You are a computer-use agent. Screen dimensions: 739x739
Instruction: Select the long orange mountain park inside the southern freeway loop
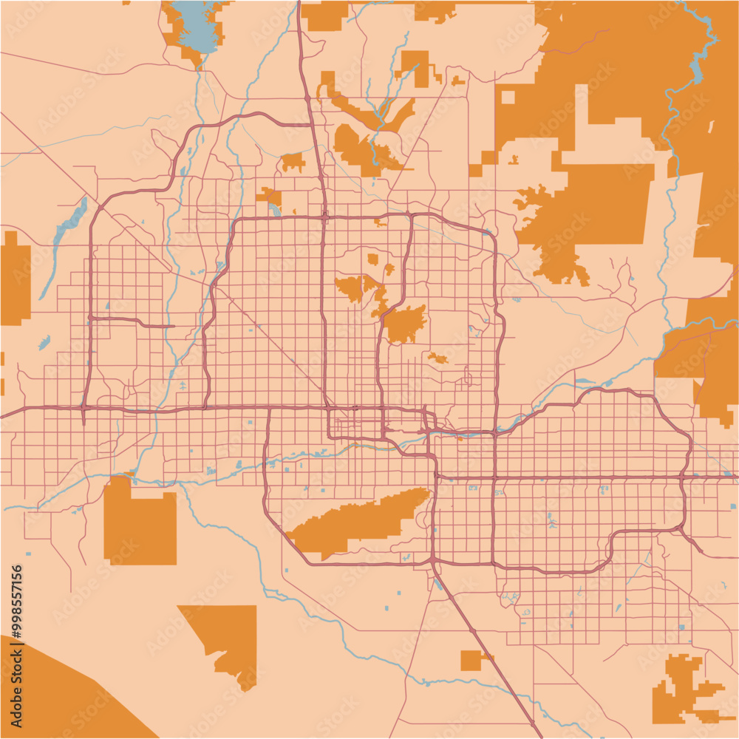(355, 521)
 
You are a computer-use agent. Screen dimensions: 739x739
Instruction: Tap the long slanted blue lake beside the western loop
(69, 222)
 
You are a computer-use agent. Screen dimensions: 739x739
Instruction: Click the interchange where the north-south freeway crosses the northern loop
(325, 217)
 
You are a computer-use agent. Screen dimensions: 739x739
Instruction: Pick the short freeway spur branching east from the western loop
(133, 321)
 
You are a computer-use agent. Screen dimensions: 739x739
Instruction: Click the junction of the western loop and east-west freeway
(84, 407)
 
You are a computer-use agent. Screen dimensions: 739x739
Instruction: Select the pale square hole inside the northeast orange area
(508, 97)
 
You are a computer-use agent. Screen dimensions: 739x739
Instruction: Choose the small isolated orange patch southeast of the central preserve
(437, 359)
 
